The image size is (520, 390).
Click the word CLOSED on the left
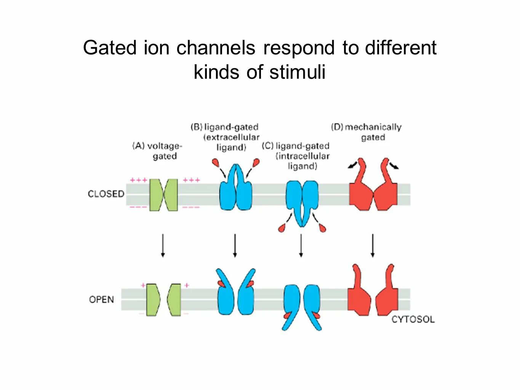tap(106, 194)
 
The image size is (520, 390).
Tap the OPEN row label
tap(101, 299)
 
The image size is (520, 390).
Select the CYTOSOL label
tap(413, 319)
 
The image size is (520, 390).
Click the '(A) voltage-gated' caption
tap(158, 151)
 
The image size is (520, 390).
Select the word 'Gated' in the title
tap(110, 48)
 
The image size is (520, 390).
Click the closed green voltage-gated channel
tap(163, 195)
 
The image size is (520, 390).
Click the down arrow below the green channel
tap(163, 246)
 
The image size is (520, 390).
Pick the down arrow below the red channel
tap(373, 246)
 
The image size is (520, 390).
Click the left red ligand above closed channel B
tap(216, 163)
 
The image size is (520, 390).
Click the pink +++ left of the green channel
tap(138, 180)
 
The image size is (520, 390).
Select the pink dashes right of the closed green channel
tap(191, 207)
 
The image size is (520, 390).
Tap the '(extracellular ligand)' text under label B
tap(231, 142)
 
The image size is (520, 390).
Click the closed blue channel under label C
tap(302, 200)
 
